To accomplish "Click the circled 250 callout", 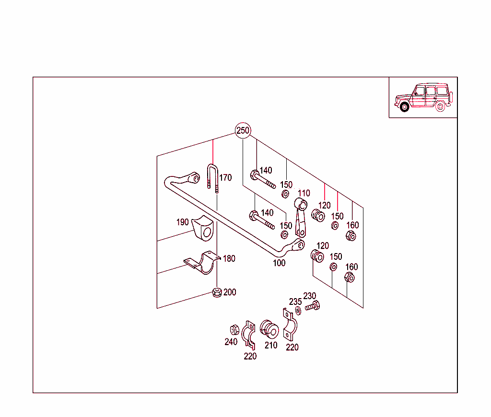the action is (243, 130).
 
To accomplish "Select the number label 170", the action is (225, 177).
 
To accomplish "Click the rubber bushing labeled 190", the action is (203, 228).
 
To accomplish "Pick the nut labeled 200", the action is (217, 292).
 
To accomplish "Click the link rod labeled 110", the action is (301, 217).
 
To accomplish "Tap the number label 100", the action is (279, 263).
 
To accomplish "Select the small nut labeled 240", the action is (234, 330).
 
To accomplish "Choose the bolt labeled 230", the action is (313, 305).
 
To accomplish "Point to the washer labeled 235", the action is (298, 311).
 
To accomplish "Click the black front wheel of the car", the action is (405, 107).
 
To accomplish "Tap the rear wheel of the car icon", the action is (440, 107).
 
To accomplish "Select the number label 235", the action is (295, 302).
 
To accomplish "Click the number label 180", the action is (229, 259).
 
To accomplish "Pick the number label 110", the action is (304, 193).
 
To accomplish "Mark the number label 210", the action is (271, 345).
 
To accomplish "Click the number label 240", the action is (231, 342).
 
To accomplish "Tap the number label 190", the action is (183, 222).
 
